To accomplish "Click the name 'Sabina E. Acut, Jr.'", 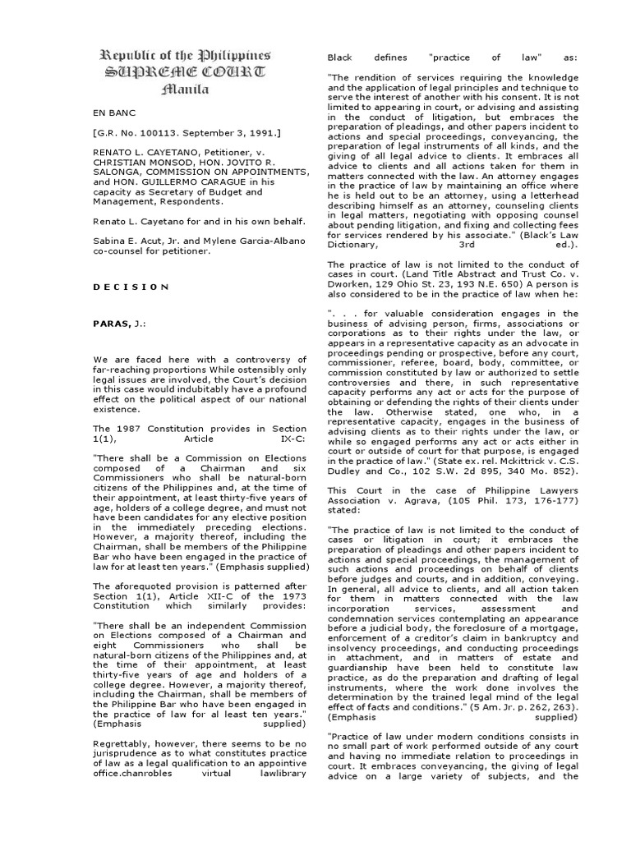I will point(131,241).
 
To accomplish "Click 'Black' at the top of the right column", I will point(339,58).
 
